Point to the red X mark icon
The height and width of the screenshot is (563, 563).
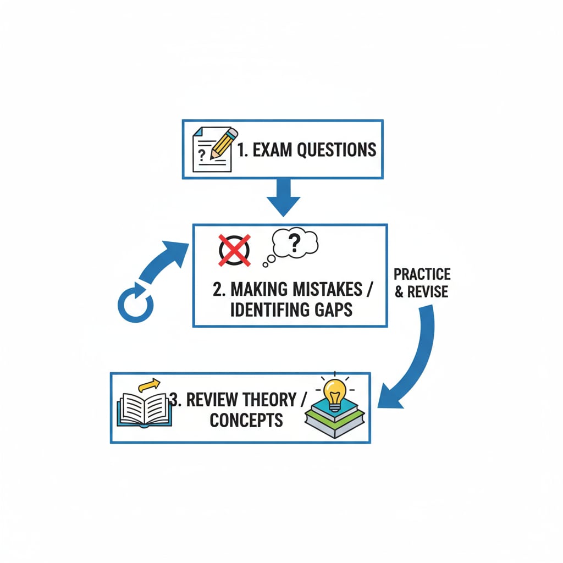click(234, 249)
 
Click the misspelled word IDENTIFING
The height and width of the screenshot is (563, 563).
click(262, 310)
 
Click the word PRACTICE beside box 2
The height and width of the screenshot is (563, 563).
click(422, 274)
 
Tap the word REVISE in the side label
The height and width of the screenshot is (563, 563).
click(428, 291)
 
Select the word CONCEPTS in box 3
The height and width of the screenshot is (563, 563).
click(246, 421)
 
